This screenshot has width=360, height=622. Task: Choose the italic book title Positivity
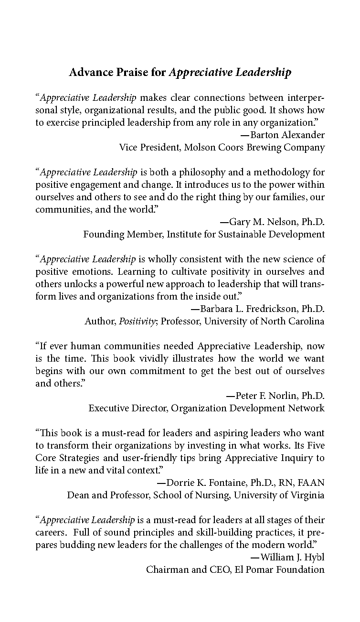(136, 321)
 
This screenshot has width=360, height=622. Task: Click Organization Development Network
(248, 408)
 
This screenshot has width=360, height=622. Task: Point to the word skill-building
(207, 532)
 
